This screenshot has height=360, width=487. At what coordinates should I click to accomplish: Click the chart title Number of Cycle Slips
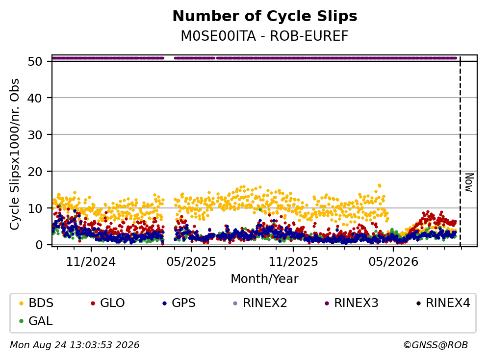pyautogui.click(x=265, y=16)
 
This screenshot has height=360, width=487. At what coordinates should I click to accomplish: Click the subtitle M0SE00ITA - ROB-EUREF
pyautogui.click(x=265, y=36)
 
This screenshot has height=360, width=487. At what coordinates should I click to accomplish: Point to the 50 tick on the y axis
pyautogui.click(x=35, y=61)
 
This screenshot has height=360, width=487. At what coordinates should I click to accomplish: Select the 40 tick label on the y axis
pyautogui.click(x=35, y=98)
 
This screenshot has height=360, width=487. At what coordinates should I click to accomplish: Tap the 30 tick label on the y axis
pyautogui.click(x=35, y=135)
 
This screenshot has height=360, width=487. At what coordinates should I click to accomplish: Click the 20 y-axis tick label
pyautogui.click(x=35, y=172)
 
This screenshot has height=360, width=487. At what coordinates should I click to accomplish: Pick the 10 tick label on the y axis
pyautogui.click(x=35, y=208)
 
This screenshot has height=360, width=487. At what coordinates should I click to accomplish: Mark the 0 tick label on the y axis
pyautogui.click(x=39, y=245)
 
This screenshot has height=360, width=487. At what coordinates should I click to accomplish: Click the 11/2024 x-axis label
pyautogui.click(x=91, y=262)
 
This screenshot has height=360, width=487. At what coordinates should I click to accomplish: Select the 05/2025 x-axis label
pyautogui.click(x=191, y=262)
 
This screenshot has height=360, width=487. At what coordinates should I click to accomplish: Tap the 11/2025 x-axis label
pyautogui.click(x=293, y=262)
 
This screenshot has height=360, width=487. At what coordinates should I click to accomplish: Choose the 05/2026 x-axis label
pyautogui.click(x=393, y=262)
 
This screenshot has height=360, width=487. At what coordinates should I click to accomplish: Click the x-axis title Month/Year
pyautogui.click(x=264, y=279)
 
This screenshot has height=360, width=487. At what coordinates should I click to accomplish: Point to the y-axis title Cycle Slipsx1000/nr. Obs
pyautogui.click(x=15, y=154)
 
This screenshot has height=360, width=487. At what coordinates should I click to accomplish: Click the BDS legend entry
pyautogui.click(x=36, y=303)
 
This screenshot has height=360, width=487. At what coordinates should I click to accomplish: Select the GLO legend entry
pyautogui.click(x=108, y=303)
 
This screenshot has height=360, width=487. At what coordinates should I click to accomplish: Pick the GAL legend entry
pyautogui.click(x=36, y=321)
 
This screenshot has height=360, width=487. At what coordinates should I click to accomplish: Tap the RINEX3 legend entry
pyautogui.click(x=351, y=303)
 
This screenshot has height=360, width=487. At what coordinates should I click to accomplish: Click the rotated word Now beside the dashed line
pyautogui.click(x=469, y=182)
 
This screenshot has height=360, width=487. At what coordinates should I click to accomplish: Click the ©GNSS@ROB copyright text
pyautogui.click(x=436, y=345)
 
